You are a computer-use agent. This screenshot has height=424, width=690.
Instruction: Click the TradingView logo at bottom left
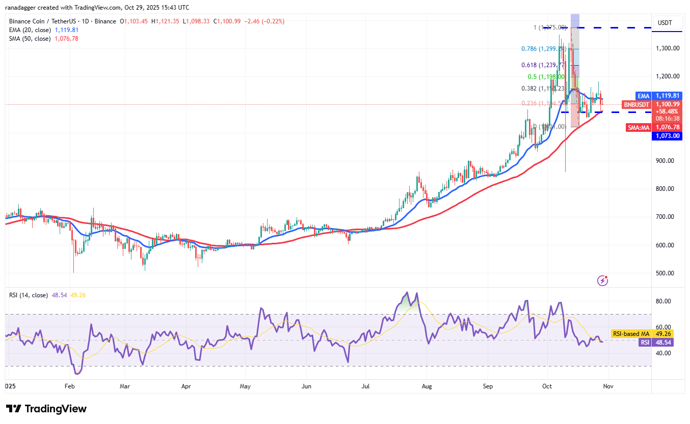tap(46, 409)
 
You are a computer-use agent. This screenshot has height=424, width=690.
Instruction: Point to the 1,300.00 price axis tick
tap(667, 48)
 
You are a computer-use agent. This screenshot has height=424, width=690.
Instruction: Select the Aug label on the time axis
tap(427, 386)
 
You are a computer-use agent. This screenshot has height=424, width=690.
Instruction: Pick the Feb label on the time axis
tap(70, 386)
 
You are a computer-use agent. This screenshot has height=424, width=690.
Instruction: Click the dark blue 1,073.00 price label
tap(667, 136)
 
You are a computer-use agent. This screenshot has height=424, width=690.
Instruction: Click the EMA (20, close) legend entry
tap(29, 30)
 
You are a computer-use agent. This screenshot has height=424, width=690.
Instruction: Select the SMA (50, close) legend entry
tap(29, 39)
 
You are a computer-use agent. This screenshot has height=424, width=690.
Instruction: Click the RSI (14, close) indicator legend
tap(29, 295)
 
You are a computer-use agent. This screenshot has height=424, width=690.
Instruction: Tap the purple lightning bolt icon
tap(603, 280)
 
